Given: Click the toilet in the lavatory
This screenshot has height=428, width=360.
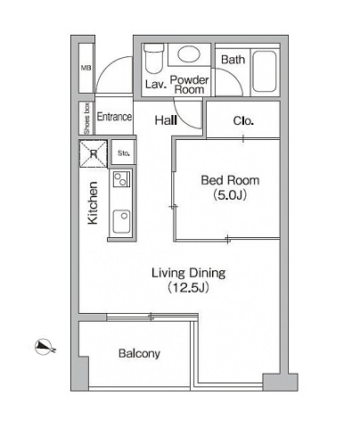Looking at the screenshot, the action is (153, 59).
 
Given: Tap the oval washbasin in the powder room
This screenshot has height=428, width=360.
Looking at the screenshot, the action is (189, 53).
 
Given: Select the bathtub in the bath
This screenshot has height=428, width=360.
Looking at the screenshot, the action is (265, 71).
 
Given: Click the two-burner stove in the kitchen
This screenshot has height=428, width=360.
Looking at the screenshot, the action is (121, 179).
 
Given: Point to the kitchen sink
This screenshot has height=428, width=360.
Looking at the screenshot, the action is (121, 221).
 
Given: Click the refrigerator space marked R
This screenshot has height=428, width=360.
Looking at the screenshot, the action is (94, 153).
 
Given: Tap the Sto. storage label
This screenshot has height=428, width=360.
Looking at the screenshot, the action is (123, 153).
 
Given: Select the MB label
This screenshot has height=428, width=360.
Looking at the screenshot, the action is (86, 68).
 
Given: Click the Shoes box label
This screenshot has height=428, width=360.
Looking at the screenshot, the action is (86, 119).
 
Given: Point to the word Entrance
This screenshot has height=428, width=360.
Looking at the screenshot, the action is (114, 117).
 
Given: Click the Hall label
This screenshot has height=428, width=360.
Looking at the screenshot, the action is (166, 120).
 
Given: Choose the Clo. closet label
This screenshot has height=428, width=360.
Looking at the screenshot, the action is (243, 120).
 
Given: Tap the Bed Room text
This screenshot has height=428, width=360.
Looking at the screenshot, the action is (230, 180).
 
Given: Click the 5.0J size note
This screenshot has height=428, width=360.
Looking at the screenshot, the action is (230, 195).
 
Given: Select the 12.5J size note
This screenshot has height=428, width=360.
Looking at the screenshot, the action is (188, 287).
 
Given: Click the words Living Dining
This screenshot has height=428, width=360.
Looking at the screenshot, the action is (189, 273).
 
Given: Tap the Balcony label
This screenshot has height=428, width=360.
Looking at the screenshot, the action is (139, 353).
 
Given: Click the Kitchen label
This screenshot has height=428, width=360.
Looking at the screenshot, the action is (93, 202).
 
